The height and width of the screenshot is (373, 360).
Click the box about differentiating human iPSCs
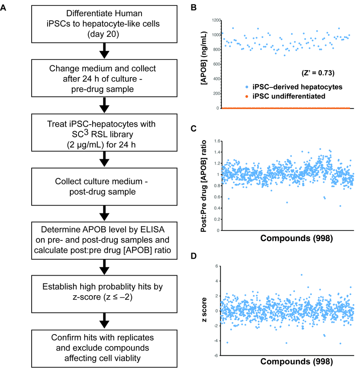(x=104, y=24)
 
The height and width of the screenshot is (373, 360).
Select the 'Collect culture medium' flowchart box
(x=104, y=186)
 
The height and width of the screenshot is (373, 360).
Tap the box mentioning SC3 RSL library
(x=104, y=132)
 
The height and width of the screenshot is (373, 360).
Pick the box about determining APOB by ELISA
(x=104, y=241)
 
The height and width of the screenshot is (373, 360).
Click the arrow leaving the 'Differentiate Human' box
(x=104, y=50)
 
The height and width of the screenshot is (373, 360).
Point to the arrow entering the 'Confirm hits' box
(x=104, y=320)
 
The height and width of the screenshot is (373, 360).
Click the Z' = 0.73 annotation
(x=318, y=73)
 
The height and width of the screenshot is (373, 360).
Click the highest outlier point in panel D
(x=301, y=275)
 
